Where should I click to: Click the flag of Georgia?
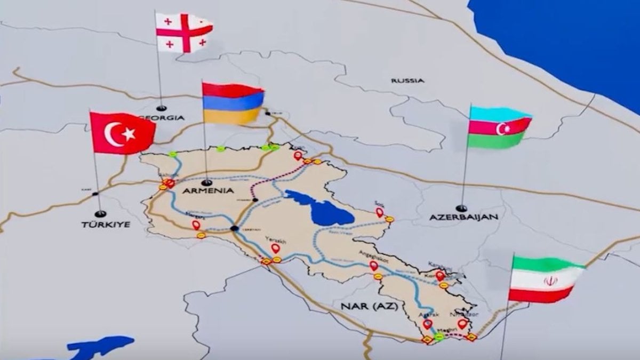coord(183,31)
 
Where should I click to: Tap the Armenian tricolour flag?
coord(233,103)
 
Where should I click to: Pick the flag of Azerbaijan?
coord(500,127)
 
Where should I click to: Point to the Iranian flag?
coord(545,279)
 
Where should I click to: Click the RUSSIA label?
coord(407,81)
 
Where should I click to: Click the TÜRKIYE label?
coord(106,225)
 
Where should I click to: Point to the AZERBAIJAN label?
coord(464,217)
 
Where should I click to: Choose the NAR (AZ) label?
coord(363,306)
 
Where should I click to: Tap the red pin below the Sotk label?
coord(380,213)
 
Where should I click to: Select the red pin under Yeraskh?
coord(275,248)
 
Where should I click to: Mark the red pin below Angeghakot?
coord(373,265)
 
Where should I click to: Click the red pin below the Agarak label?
coord(427,324)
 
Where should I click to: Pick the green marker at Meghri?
coord(439,337)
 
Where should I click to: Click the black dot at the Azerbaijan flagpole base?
coord(461,208)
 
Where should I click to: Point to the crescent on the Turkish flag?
coord(114,134)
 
